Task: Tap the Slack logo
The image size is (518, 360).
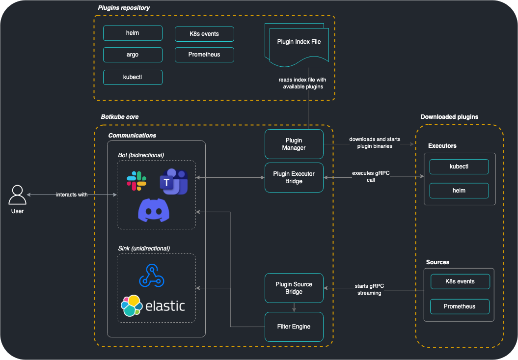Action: [136, 181]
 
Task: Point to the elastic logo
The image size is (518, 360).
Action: [153, 305]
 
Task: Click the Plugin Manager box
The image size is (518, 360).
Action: [294, 144]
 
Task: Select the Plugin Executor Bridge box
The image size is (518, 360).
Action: [294, 177]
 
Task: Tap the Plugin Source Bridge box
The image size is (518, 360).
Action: [294, 288]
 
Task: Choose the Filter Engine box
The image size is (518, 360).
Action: [294, 327]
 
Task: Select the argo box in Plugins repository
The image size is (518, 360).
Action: [133, 55]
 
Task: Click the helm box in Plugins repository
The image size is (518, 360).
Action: [133, 33]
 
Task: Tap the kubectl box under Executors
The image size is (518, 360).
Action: [459, 166]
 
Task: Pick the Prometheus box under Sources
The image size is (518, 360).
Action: [460, 306]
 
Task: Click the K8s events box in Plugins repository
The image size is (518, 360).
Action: [204, 34]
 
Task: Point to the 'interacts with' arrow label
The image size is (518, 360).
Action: [72, 195]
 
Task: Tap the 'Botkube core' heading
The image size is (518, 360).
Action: [120, 117]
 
